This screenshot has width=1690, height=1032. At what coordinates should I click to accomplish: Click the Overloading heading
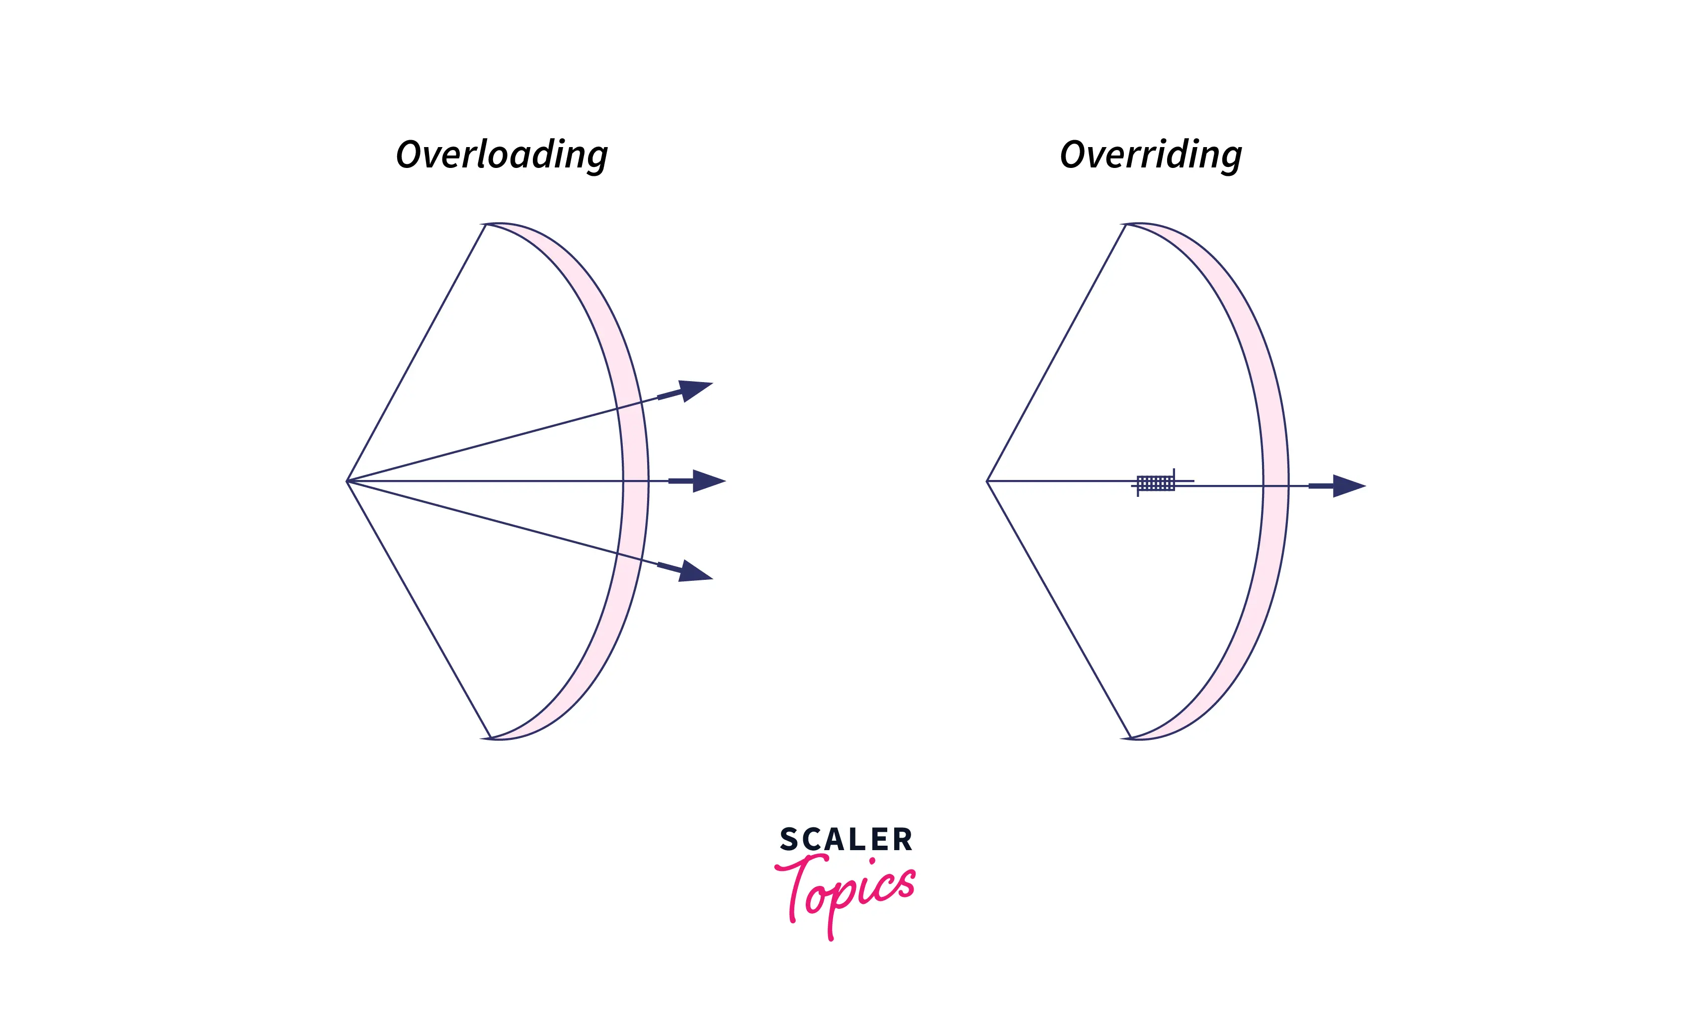(502, 156)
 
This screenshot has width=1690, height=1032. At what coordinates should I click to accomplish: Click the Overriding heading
(1150, 156)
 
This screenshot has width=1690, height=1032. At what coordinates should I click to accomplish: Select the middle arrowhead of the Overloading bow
(708, 481)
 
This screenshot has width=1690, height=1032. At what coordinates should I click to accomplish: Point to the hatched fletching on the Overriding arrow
(1156, 483)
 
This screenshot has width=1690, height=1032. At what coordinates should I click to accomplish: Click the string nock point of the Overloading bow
(347, 481)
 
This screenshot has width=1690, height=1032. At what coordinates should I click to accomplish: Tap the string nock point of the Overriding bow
(987, 481)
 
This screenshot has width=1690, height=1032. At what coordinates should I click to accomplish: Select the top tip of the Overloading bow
(485, 224)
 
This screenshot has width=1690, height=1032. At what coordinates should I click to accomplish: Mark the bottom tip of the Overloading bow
(490, 738)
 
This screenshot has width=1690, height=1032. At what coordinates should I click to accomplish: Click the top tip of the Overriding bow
(1125, 224)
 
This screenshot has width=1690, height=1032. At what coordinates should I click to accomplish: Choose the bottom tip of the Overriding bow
(1130, 738)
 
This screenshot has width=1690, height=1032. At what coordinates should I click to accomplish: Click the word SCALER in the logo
(845, 839)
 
